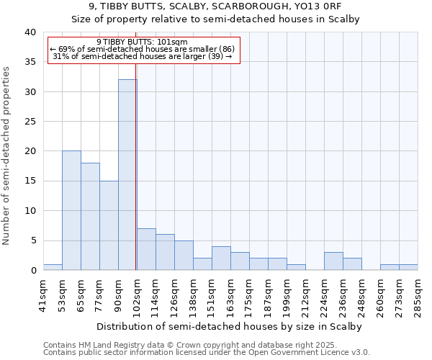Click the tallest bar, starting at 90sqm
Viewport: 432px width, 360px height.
tap(127, 175)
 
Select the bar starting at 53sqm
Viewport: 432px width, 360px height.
tap(71, 210)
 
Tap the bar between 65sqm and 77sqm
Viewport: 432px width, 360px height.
tap(90, 216)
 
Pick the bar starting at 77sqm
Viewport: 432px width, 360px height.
tap(109, 225)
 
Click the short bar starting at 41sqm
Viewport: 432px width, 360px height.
tap(53, 267)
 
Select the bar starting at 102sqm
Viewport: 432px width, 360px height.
tap(146, 249)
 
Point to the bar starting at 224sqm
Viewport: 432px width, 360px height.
tap(333, 261)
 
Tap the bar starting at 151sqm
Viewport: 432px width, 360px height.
tap(221, 258)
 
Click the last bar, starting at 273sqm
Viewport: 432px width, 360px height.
tap(408, 267)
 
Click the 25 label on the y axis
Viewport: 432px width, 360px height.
tap(30, 122)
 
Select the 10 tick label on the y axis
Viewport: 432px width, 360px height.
tap(30, 211)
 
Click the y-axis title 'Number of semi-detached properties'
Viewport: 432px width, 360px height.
tap(6, 156)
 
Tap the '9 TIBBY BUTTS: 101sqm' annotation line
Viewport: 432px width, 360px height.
tap(142, 42)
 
